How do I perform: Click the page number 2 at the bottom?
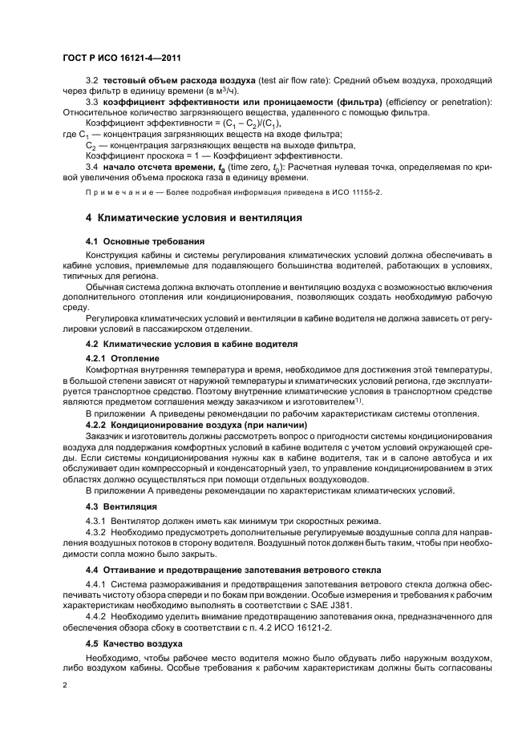point(65,686)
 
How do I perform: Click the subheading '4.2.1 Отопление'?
point(122,357)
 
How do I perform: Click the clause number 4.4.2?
point(96,619)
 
